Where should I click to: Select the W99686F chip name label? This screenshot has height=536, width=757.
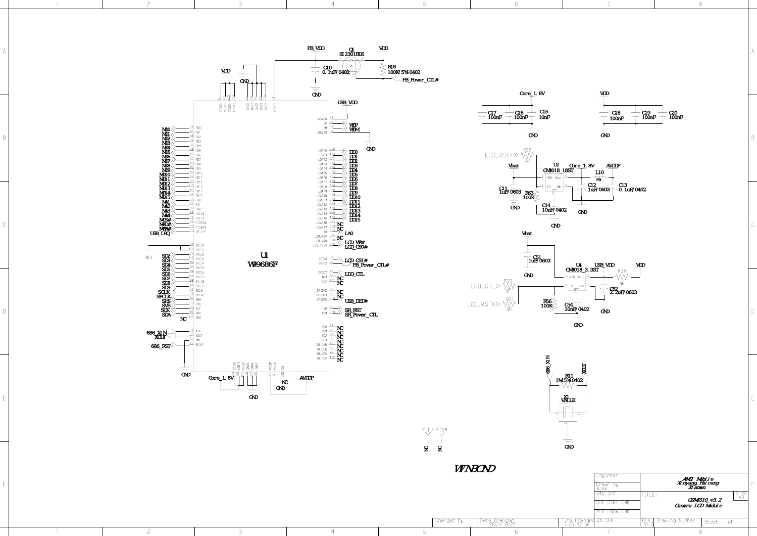tap(263, 264)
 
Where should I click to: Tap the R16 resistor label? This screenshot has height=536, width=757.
tap(392, 67)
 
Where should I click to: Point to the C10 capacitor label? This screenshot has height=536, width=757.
tap(327, 67)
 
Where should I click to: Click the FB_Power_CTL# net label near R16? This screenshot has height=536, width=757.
tap(420, 80)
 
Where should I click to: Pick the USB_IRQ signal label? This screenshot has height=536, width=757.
tap(160, 234)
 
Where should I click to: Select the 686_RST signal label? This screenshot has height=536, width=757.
tap(161, 346)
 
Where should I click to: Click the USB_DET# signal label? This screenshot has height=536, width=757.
tap(356, 301)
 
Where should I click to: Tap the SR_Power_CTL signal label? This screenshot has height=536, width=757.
tap(361, 315)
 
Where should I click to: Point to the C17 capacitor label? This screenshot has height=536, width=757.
tap(492, 113)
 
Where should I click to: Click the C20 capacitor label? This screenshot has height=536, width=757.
tap(673, 113)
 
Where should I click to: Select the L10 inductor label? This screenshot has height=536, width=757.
tap(599, 172)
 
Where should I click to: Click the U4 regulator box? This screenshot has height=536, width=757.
tap(577, 282)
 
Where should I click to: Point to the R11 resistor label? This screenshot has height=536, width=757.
tap(569, 376)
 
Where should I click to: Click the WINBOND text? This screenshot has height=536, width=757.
tap(475, 469)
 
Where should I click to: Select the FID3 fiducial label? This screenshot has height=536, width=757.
tap(428, 430)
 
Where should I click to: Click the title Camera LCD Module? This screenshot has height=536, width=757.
tap(698, 506)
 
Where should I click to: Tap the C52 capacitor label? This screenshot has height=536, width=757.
tap(614, 289)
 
